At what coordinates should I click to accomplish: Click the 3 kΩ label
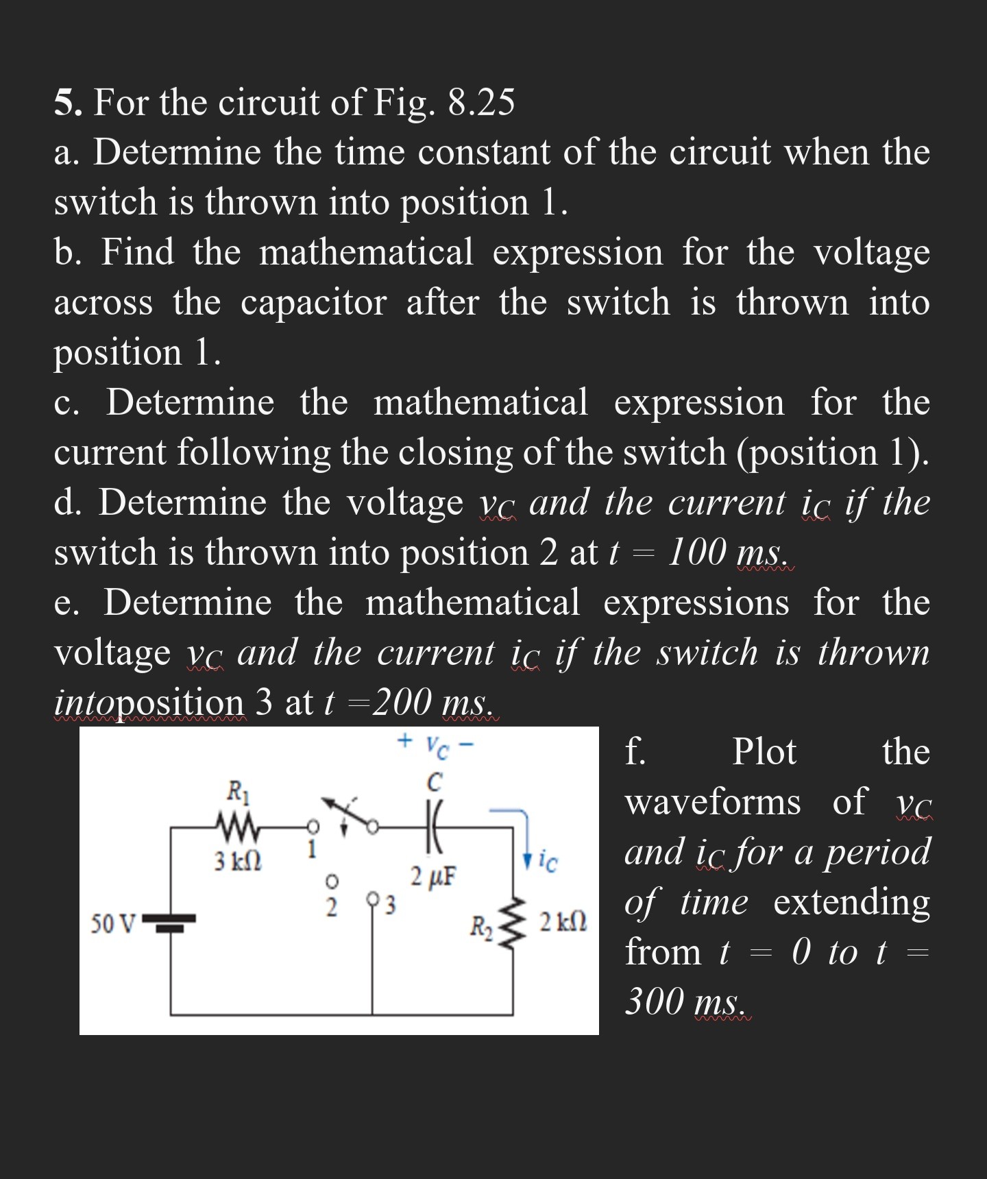[237, 860]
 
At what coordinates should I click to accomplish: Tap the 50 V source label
[113, 923]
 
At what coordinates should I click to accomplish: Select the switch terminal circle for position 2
[331, 879]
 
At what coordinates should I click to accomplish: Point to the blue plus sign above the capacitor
[405, 740]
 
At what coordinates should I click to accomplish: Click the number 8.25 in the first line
[480, 103]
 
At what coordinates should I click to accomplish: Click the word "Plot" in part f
[764, 752]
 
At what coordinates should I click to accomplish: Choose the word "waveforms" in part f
[713, 802]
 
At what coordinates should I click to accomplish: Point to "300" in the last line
[655, 1001]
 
